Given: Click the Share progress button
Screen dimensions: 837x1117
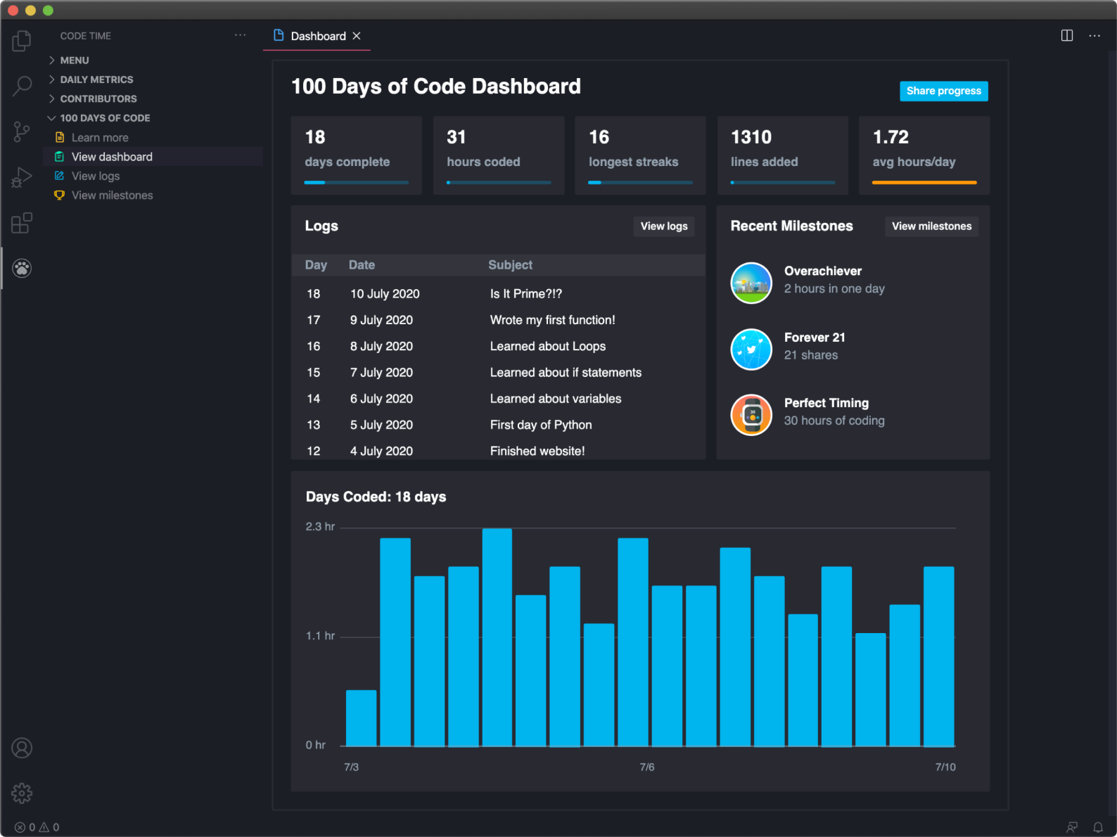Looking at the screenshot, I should [943, 91].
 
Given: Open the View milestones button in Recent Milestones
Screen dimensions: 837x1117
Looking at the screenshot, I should [931, 226].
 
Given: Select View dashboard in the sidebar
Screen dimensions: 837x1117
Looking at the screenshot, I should [112, 157].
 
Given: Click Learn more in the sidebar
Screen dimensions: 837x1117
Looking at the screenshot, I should [100, 138].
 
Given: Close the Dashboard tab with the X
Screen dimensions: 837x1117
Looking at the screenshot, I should [357, 36].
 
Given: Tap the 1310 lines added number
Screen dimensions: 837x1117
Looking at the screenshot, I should [751, 137].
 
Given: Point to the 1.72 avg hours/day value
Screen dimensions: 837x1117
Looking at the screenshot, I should [891, 137].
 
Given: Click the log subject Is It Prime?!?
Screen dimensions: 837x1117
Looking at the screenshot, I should [525, 294].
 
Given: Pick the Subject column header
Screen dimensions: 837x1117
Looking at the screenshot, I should [510, 265].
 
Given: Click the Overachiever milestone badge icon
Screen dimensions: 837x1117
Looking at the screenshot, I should [751, 283].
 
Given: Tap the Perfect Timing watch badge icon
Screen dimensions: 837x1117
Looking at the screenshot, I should [751, 415].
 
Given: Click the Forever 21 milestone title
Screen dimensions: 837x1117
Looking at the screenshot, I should [815, 338].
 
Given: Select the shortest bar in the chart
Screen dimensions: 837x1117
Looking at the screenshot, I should [361, 717].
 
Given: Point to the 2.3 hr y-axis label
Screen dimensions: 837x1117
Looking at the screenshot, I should [320, 527].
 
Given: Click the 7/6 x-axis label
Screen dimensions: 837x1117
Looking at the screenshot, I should [646, 767].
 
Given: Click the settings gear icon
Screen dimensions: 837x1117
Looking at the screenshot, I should [22, 793].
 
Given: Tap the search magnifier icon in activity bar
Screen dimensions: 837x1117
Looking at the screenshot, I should [22, 87].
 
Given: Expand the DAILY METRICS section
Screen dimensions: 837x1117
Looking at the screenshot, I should [96, 79].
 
